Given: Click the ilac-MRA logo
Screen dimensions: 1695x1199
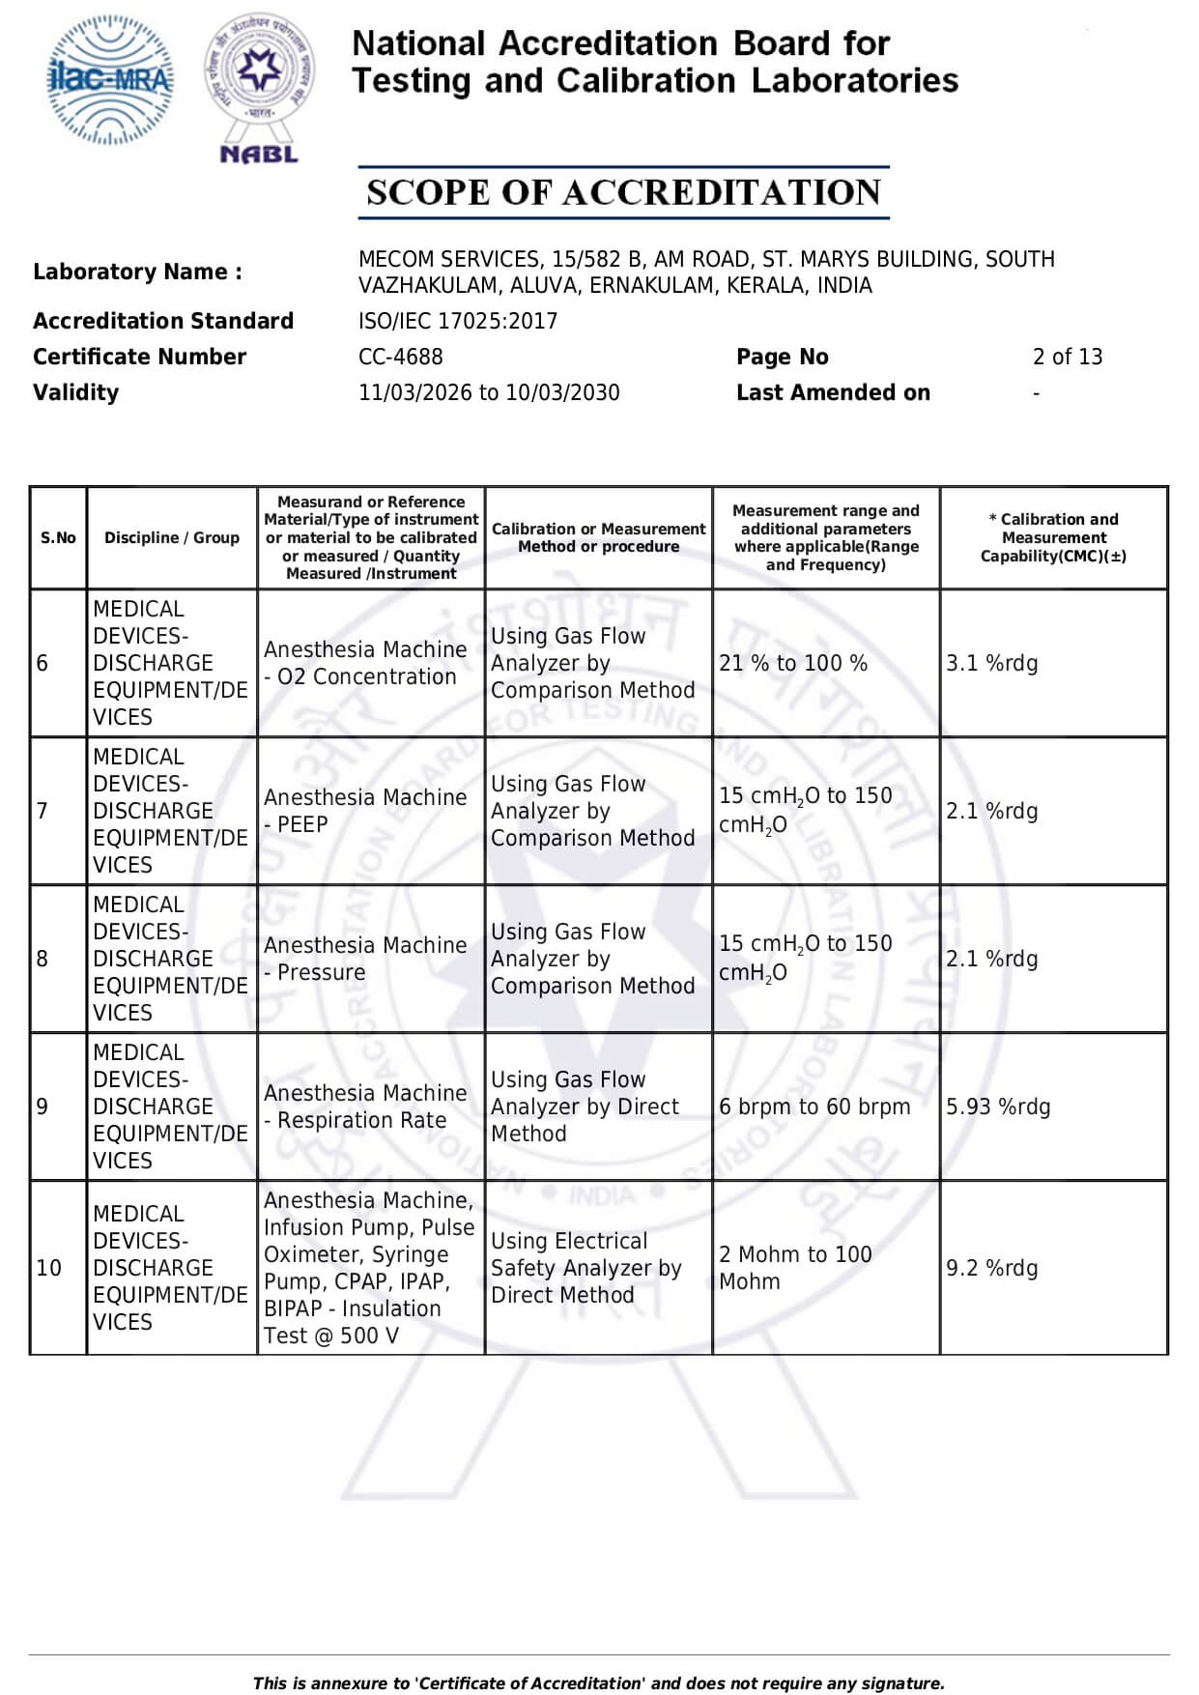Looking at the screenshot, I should click(111, 79).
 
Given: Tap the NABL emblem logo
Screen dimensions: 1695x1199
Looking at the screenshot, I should click(259, 87).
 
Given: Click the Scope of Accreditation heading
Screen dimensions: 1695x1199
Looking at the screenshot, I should click(623, 192).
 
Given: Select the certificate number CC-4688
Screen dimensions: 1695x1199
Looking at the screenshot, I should click(400, 357).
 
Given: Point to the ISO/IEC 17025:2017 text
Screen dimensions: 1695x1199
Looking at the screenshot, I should click(457, 321).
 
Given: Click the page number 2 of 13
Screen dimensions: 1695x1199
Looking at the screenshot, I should click(1067, 357).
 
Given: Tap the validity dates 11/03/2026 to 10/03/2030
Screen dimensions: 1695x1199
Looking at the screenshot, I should click(489, 392).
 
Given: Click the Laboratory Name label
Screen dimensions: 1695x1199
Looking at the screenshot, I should click(137, 272).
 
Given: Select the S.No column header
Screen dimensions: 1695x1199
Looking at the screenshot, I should click(58, 537).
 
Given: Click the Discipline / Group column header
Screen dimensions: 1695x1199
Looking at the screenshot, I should click(172, 537).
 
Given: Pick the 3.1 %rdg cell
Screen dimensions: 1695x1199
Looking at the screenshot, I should click(991, 663).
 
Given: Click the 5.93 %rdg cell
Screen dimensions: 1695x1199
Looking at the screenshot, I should click(997, 1106).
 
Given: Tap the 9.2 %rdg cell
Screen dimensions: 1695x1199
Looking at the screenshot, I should click(991, 1268).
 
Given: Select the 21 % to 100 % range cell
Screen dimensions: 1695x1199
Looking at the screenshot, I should click(793, 663).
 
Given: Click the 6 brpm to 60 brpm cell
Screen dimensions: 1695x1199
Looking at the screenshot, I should click(814, 1106).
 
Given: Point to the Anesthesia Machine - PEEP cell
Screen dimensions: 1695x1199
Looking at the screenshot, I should click(365, 811).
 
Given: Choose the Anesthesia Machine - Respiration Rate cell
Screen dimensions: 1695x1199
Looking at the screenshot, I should click(365, 1106).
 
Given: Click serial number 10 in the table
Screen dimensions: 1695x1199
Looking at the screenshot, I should click(48, 1268).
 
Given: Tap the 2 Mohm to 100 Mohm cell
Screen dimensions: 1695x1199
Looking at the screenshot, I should click(795, 1268).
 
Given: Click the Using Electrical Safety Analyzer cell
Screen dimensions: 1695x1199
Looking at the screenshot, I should click(585, 1268).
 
